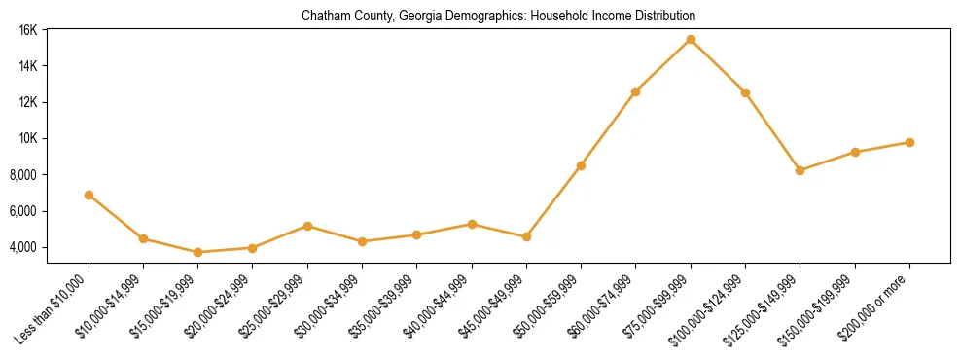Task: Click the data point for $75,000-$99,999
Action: pos(691,39)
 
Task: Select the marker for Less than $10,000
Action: pos(89,195)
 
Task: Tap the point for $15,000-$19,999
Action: pos(198,252)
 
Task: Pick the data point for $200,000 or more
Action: pos(909,142)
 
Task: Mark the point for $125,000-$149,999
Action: pos(800,170)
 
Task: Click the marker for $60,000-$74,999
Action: pos(636,91)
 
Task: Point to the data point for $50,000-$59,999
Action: pos(581,165)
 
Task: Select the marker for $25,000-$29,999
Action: pos(307,226)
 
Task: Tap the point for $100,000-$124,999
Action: pos(745,92)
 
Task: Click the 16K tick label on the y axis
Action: pos(28,30)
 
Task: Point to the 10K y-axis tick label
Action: pos(28,138)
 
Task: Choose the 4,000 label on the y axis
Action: pos(24,247)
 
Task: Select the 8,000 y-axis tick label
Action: pos(24,175)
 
